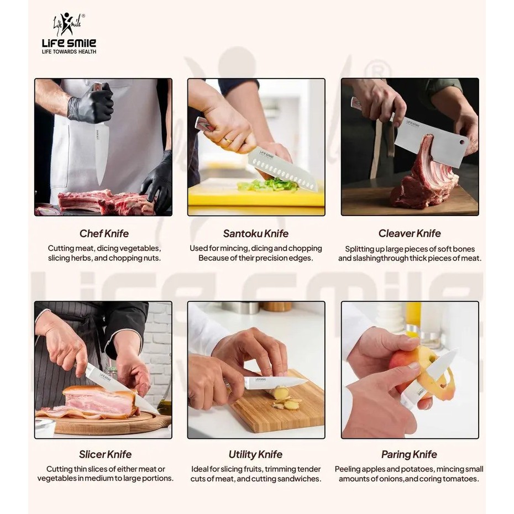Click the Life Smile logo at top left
(69, 33)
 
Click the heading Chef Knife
(104, 233)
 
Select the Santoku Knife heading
(256, 233)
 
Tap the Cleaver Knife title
(410, 233)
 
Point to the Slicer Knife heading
(105, 454)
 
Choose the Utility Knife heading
(255, 454)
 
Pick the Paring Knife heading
(409, 454)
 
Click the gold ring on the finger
(227, 140)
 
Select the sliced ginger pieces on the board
(285, 398)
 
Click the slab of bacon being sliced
(98, 402)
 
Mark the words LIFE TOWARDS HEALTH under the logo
(69, 51)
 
